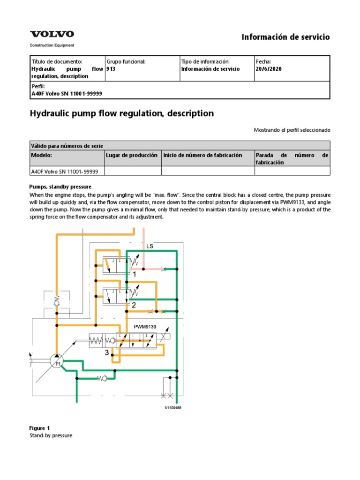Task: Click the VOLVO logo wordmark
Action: [52, 34]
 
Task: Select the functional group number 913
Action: [111, 69]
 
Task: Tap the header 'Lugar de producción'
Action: [132, 155]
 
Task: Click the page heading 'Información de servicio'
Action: [285, 37]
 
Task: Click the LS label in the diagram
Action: [150, 246]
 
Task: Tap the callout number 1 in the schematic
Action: [135, 274]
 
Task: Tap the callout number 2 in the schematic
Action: [134, 305]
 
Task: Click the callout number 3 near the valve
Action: [107, 352]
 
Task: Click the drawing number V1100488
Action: [172, 408]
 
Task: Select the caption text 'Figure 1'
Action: [40, 428]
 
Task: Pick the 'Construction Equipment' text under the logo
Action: [52, 45]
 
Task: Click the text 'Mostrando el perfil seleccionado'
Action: [292, 129]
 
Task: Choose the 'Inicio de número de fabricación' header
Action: [202, 155]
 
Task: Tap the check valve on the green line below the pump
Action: [102, 378]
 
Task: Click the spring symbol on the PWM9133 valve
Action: [97, 340]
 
